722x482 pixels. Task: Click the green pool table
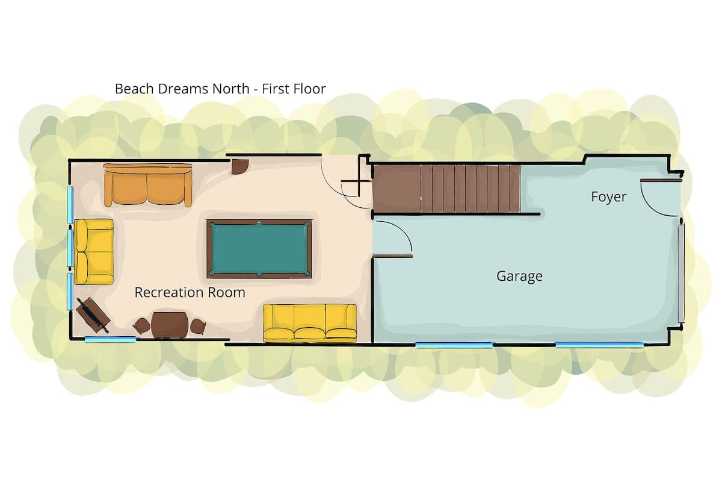coord(259,249)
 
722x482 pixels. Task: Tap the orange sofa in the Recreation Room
coord(148,185)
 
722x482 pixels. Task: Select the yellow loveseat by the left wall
coord(94,252)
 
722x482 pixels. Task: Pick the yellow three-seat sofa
coord(310,323)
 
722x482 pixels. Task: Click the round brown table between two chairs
coord(170,325)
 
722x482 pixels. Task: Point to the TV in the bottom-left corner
coord(93,315)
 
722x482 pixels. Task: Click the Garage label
coord(519,277)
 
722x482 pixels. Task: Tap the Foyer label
coord(608,197)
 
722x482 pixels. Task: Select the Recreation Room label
coord(190,292)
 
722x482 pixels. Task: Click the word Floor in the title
coord(310,89)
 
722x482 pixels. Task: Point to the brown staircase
coord(446,189)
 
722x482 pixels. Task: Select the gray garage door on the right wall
coord(680,273)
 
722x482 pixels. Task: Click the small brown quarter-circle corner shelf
coord(239,166)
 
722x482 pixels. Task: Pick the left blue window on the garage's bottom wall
coord(454,345)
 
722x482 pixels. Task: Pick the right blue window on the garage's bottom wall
coord(600,345)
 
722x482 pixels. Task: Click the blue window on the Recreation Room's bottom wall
coord(110,339)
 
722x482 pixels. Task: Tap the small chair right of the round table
coord(197,326)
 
